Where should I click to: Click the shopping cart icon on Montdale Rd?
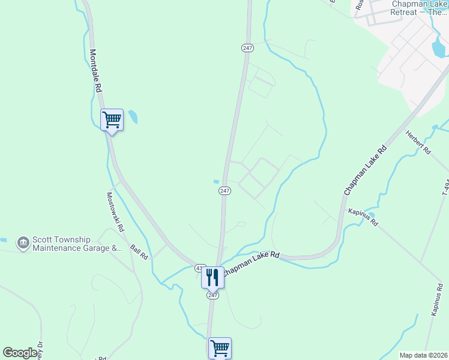click(112, 119)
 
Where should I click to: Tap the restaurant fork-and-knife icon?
click(212, 277)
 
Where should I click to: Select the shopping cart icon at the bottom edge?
click(220, 347)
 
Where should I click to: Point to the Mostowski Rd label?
click(115, 212)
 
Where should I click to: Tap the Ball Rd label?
click(139, 251)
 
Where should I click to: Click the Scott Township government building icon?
click(23, 243)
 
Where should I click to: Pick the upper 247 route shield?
click(247, 47)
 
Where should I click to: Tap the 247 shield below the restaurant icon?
click(213, 295)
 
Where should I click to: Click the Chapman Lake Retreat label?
click(418, 8)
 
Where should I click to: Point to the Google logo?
click(20, 353)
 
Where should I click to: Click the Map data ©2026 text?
click(423, 355)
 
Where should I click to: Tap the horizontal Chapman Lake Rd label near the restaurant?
click(252, 263)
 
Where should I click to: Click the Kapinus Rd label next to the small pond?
click(363, 218)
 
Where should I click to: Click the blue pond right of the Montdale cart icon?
click(132, 116)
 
